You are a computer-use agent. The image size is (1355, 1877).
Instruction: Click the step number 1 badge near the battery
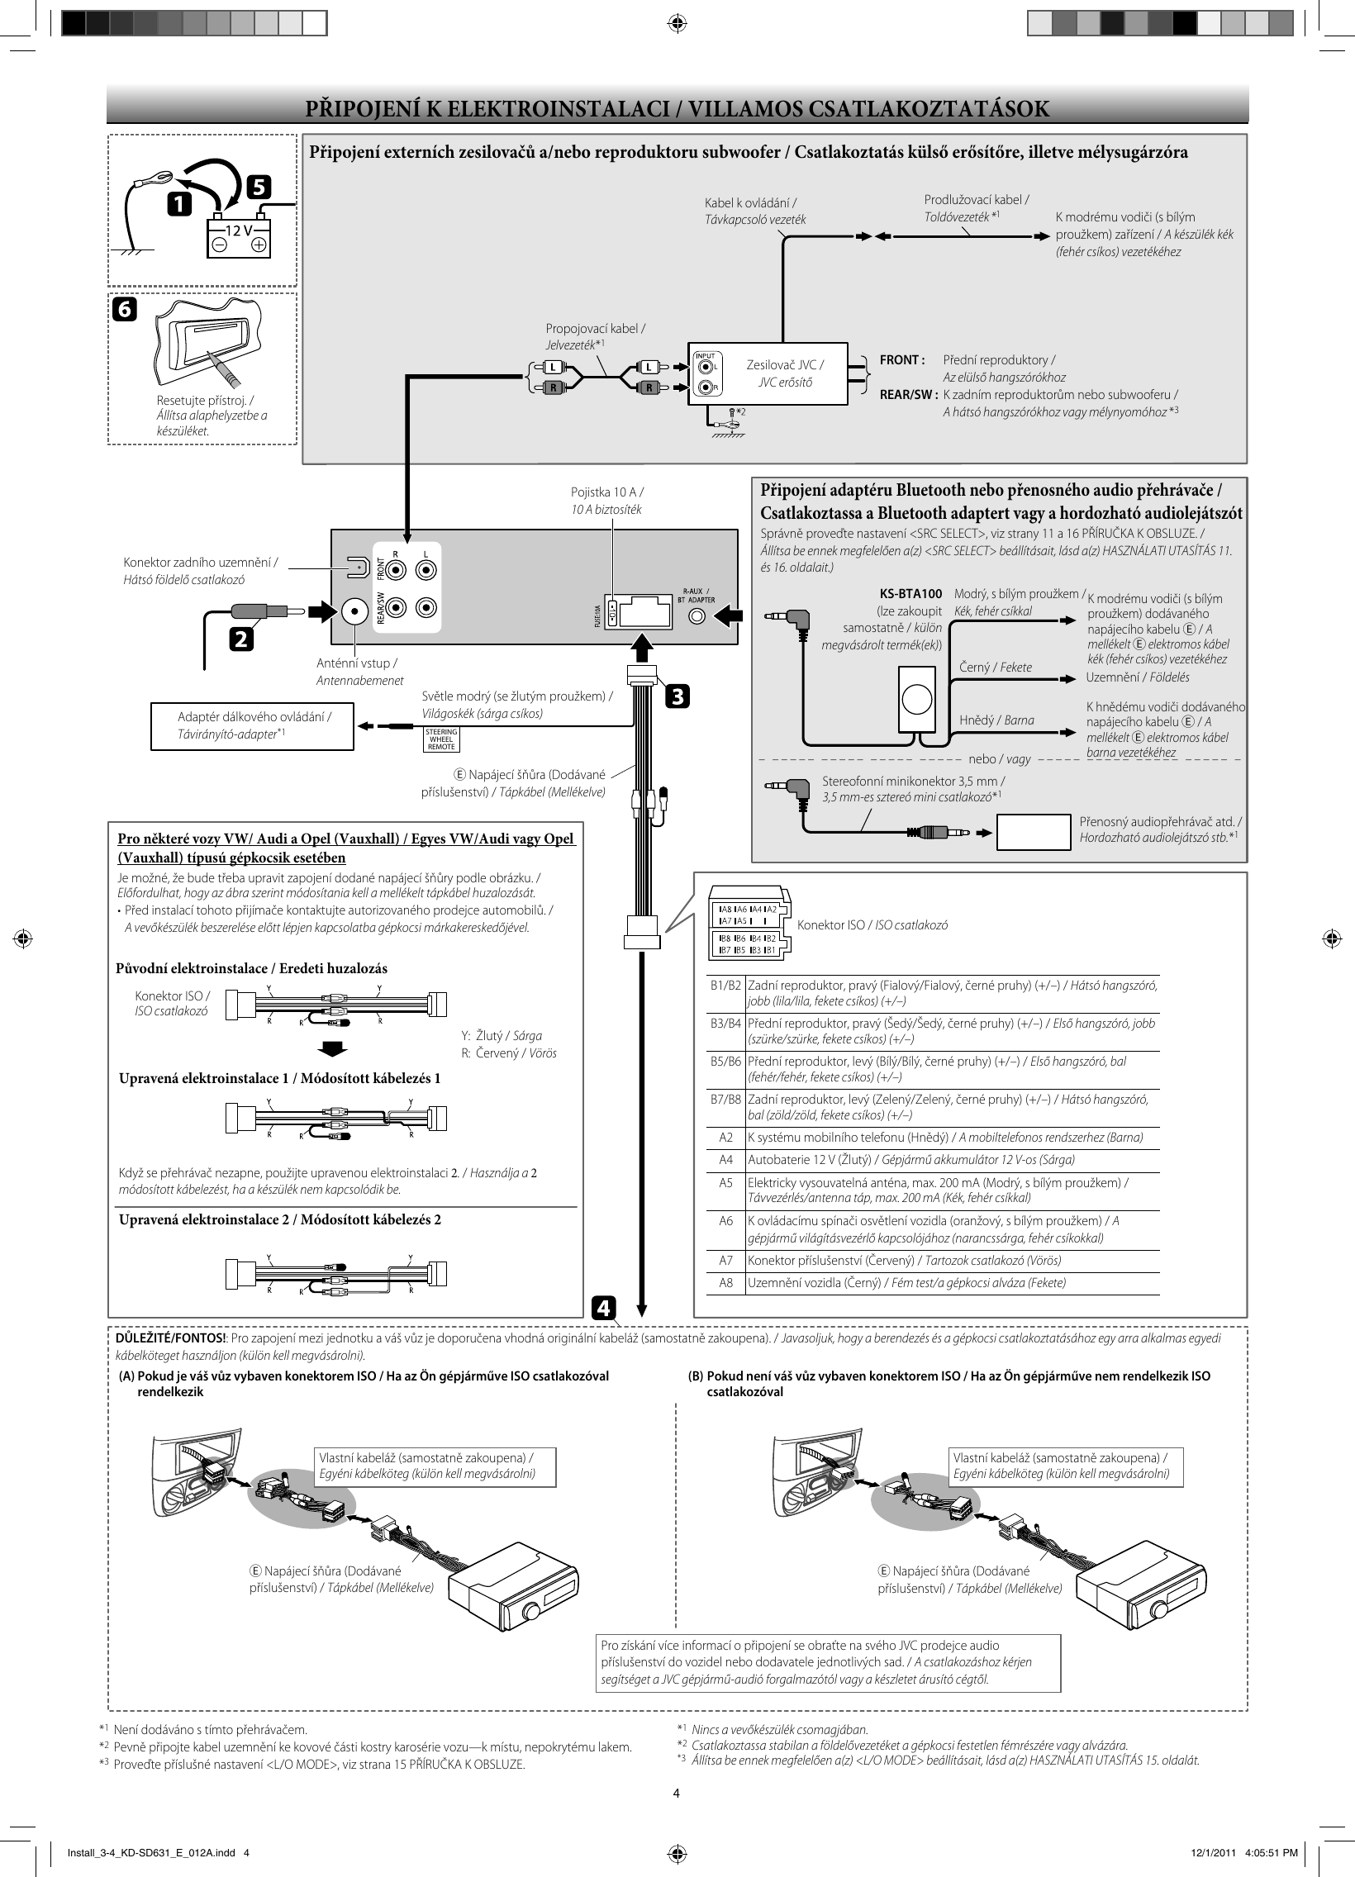pos(178,203)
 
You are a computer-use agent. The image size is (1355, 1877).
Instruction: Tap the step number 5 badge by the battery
pos(259,188)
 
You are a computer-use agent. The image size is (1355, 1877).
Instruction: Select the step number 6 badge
pos(123,310)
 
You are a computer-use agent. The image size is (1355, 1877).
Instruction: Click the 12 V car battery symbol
pos(239,239)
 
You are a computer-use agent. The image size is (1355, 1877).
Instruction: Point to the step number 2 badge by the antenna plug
pos(242,639)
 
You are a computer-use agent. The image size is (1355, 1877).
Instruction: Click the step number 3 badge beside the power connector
pos(677,696)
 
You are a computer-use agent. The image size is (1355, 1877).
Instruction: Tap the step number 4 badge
pos(603,1309)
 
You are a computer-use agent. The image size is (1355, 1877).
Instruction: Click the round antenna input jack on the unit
pos(355,611)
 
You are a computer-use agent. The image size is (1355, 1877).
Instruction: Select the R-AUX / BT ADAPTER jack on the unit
pos(699,616)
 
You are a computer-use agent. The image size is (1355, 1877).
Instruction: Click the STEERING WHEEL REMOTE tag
pos(441,739)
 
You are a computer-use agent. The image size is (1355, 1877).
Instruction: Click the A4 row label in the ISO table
pos(725,1159)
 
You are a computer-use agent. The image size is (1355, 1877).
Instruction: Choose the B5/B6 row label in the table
pos(725,1061)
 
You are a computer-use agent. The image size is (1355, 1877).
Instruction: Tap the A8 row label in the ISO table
pos(725,1283)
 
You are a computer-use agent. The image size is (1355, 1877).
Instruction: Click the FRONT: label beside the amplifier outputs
pos(901,360)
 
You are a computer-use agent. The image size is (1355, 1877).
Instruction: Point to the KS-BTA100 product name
pos(910,593)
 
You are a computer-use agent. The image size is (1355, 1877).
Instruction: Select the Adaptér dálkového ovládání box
pos(254,726)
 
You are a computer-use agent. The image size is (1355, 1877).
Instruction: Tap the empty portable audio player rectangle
pos(1034,832)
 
